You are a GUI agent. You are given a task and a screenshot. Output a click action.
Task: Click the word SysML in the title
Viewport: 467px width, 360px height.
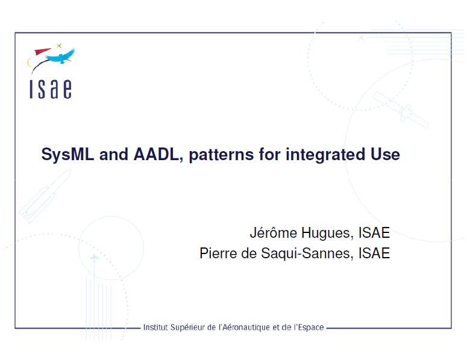[x=67, y=155]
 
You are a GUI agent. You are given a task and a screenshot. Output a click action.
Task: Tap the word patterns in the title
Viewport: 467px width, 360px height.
[x=221, y=155]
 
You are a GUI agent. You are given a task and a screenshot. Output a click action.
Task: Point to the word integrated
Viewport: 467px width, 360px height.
[x=325, y=155]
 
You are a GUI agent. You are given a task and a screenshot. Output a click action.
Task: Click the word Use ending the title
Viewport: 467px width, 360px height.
[x=385, y=154]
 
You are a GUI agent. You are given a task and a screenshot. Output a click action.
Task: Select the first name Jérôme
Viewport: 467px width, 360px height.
[x=274, y=232]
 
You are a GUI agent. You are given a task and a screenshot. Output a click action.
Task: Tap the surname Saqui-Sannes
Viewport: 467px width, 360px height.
[x=307, y=253]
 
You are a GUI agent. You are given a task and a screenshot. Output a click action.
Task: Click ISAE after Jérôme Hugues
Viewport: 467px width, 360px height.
[x=374, y=232]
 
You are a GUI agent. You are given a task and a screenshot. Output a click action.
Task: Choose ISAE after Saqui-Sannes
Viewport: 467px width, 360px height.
[x=374, y=253]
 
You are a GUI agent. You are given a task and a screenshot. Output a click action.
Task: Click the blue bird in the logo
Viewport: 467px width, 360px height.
[x=60, y=56]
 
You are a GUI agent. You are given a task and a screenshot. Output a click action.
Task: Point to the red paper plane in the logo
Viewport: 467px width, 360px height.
[x=42, y=51]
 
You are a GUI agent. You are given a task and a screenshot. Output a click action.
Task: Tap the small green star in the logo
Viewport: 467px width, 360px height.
[x=59, y=46]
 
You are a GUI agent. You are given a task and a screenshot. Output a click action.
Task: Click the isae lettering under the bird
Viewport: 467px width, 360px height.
[x=51, y=89]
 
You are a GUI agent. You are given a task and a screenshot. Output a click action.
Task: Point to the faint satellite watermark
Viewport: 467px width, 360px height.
[x=401, y=110]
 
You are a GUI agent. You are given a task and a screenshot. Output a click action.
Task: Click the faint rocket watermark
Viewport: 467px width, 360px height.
[x=45, y=196]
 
